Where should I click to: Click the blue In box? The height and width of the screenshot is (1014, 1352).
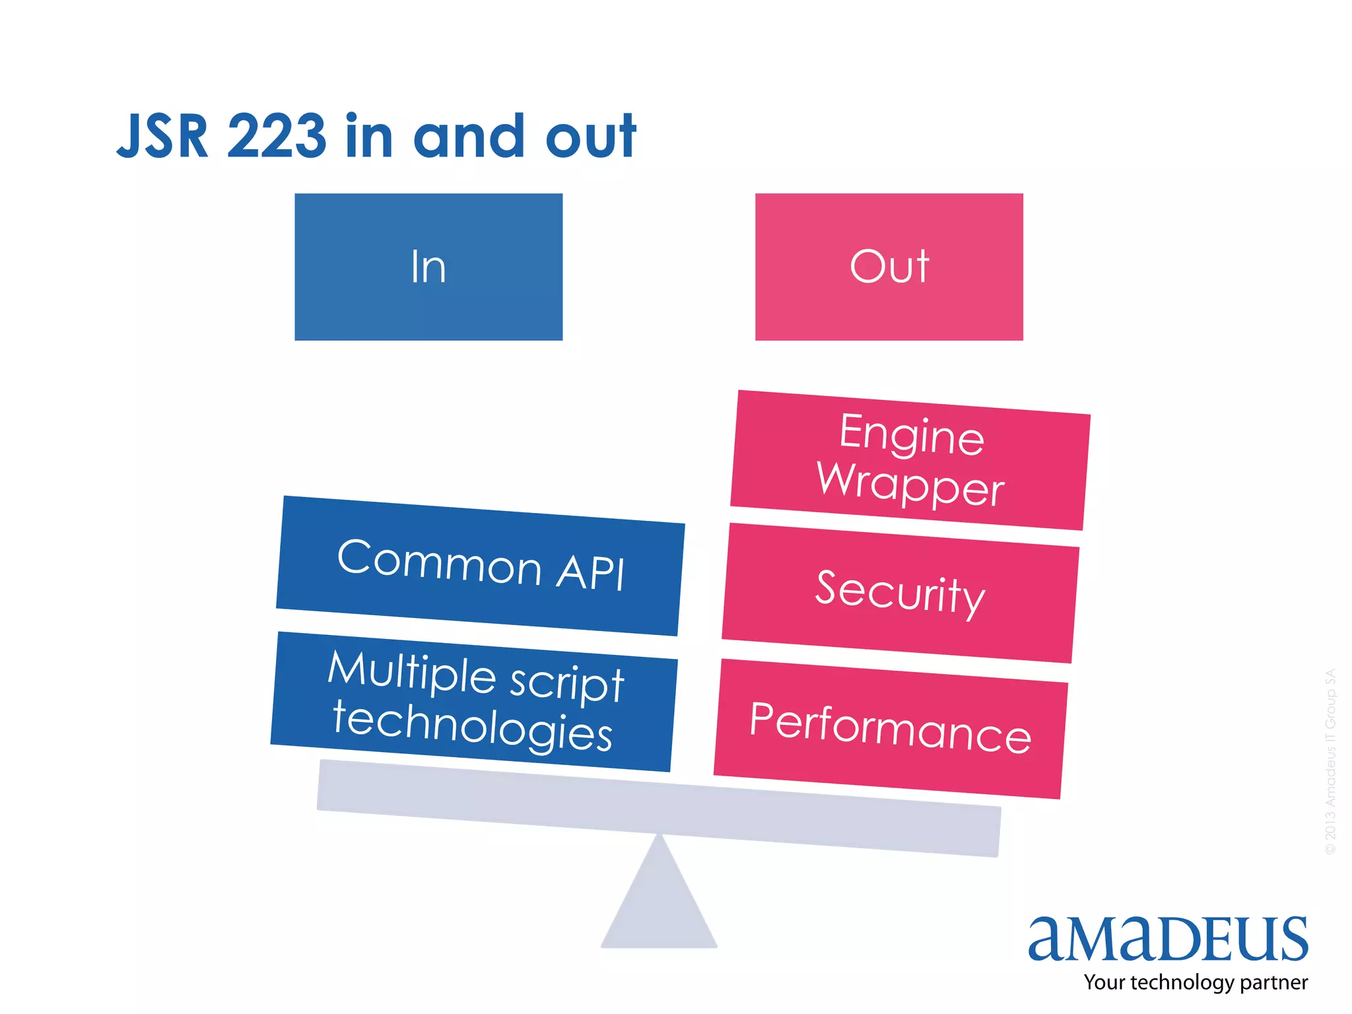pos(428,267)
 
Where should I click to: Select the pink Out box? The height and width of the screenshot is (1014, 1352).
pos(889,267)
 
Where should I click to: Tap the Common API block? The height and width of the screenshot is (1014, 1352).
pos(480,566)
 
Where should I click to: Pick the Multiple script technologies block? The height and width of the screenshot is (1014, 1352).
pos(473,701)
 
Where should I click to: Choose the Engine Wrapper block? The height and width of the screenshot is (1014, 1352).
pos(910,459)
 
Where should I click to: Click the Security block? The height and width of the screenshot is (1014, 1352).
pos(900,593)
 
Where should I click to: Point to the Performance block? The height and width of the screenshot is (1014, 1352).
pos(891,728)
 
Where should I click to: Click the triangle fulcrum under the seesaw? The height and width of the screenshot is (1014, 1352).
pos(659,904)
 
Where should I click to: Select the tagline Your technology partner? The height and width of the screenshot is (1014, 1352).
pos(1195,982)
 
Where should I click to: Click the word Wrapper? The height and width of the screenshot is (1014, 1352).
pos(910,484)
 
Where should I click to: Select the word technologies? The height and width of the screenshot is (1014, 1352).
pos(472,726)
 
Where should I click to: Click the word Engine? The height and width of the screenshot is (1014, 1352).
pos(912,434)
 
